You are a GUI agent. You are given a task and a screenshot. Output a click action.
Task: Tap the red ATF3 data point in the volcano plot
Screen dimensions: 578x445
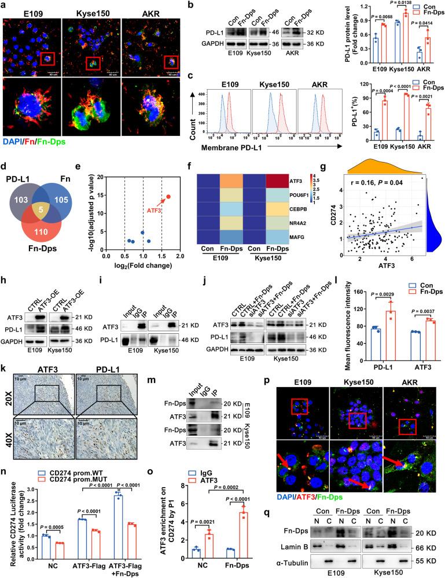(x=168, y=197)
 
